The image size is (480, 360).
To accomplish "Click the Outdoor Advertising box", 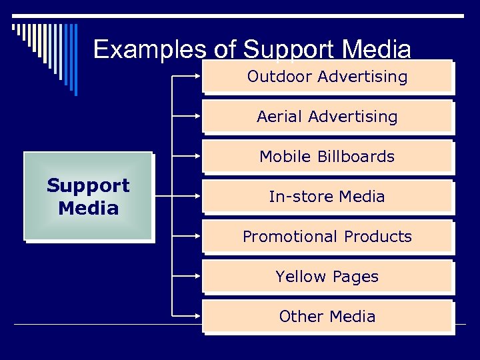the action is (x=327, y=77).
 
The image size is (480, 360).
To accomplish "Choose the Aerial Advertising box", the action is (x=327, y=117).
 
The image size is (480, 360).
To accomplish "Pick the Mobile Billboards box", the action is (x=327, y=157).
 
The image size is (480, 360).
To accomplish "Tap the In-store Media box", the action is (x=327, y=197).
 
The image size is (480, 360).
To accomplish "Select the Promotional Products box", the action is (x=327, y=237).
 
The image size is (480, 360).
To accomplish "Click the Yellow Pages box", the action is (x=327, y=277).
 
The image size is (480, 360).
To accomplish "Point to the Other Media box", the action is (x=327, y=317).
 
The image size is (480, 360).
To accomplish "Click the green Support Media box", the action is (x=88, y=196).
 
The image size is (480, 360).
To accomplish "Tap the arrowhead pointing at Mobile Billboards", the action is (x=199, y=156).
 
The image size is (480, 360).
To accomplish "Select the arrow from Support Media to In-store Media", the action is (x=177, y=196).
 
